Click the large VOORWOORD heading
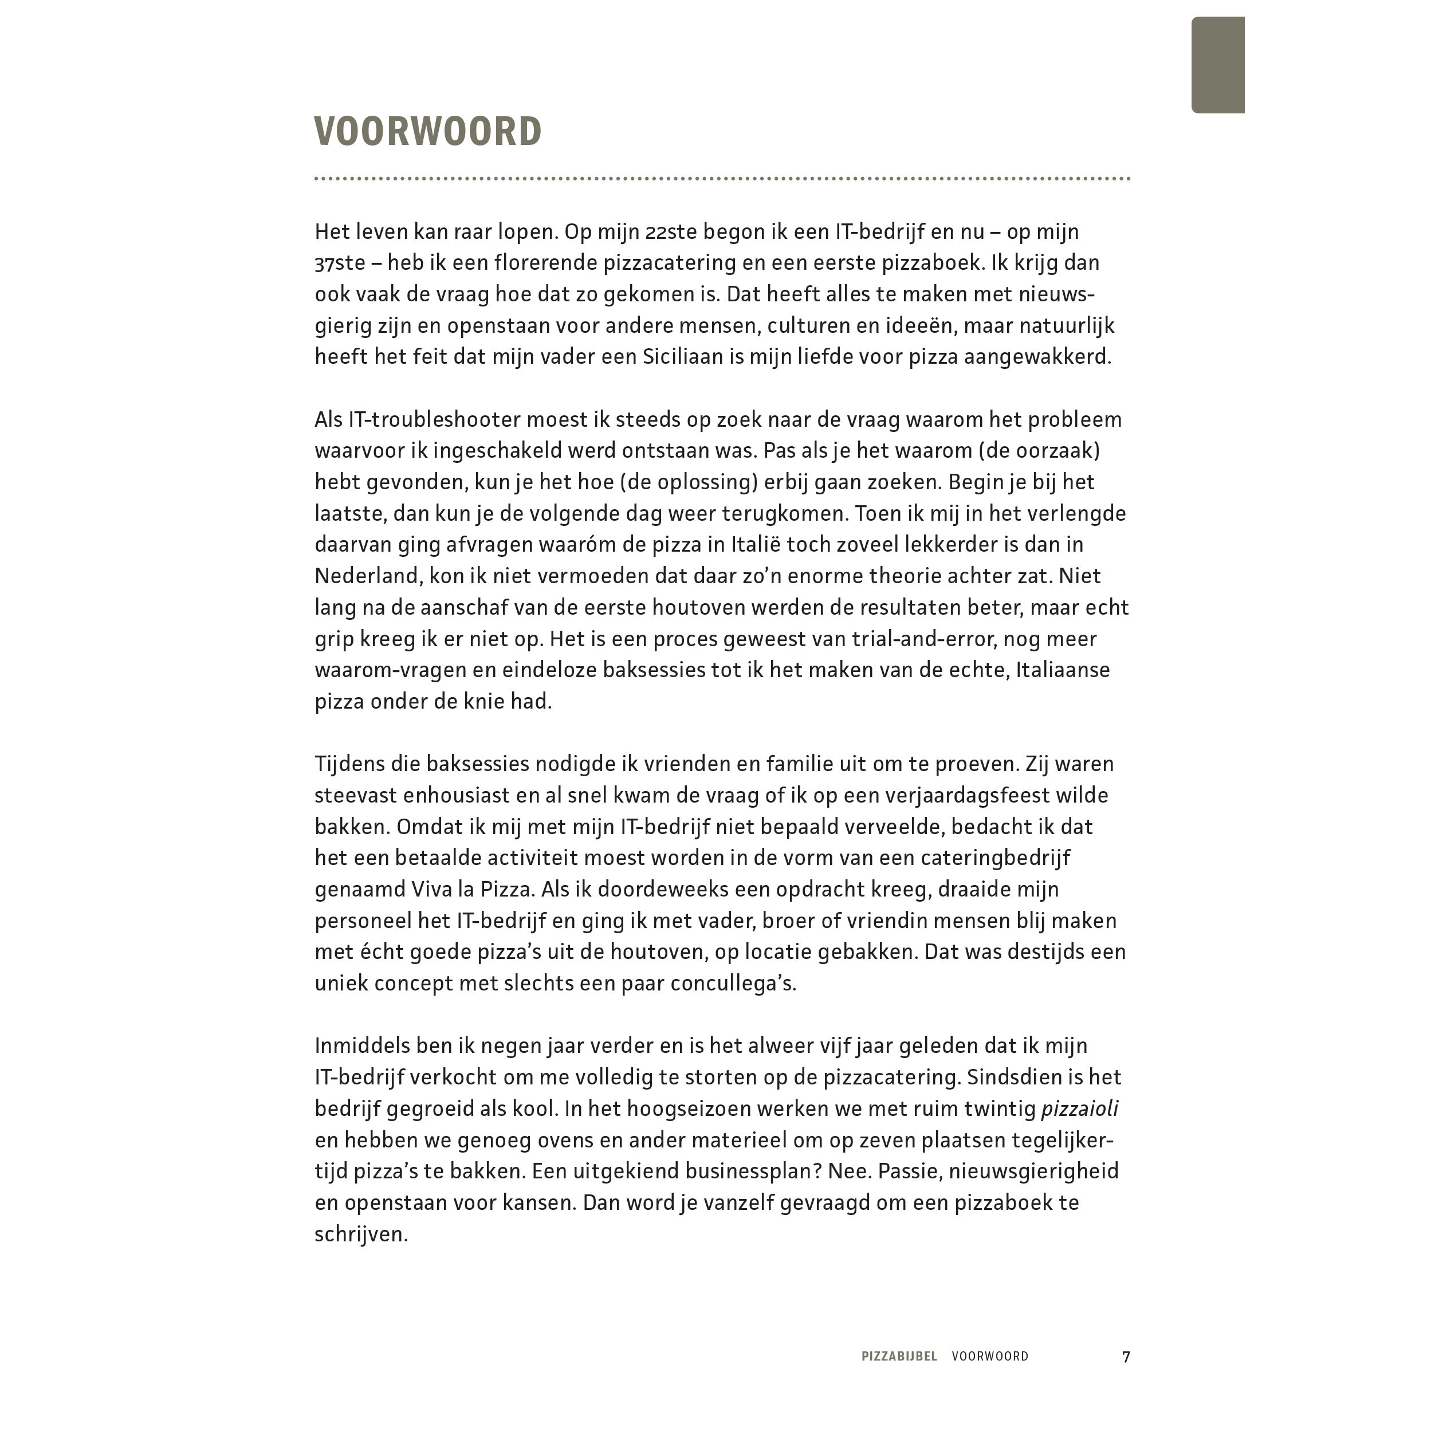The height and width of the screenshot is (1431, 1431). pyautogui.click(x=428, y=132)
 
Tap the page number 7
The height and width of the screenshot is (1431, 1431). pyautogui.click(x=1126, y=1356)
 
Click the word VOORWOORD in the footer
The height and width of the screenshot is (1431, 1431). pyautogui.click(x=990, y=1356)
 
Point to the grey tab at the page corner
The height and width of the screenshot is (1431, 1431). pyautogui.click(x=1217, y=64)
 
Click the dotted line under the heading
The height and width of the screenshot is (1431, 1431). pyautogui.click(x=722, y=179)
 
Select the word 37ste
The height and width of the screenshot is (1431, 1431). pyautogui.click(x=340, y=263)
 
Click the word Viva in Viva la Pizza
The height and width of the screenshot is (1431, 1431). pyautogui.click(x=412, y=889)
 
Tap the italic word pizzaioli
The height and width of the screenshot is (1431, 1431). pyautogui.click(x=1079, y=1109)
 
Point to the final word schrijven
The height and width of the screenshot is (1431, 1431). pyautogui.click(x=361, y=1234)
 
